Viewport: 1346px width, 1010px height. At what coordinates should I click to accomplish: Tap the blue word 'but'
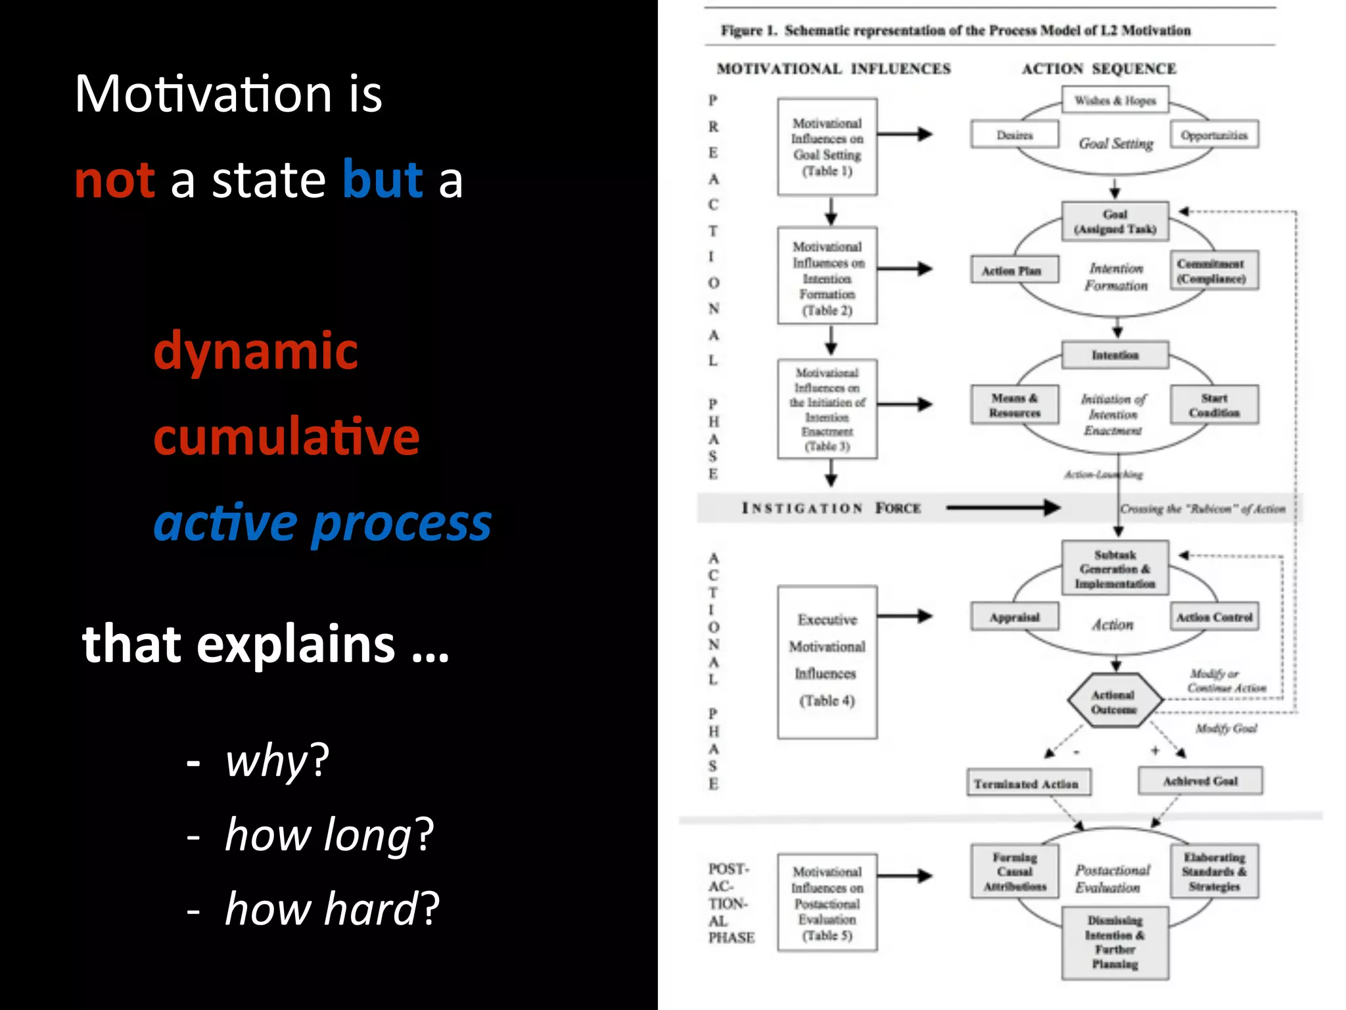tap(383, 180)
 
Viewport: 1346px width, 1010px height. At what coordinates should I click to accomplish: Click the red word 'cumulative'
tap(286, 437)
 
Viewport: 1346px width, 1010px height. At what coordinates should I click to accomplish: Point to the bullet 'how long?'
tap(329, 834)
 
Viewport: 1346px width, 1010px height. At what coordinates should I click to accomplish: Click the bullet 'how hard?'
tap(331, 909)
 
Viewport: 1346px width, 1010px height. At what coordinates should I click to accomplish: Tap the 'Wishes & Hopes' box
tap(1115, 101)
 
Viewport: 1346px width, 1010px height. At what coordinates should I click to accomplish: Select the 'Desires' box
tap(1014, 135)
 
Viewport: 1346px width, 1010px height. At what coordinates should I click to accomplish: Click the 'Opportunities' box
tap(1214, 135)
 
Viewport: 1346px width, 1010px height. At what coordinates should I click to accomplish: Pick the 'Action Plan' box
tap(1014, 270)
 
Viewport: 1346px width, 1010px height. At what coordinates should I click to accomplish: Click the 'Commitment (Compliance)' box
tap(1213, 270)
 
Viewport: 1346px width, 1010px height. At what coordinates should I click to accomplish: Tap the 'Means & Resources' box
tap(1015, 405)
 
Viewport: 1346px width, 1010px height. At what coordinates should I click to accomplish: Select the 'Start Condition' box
tap(1214, 405)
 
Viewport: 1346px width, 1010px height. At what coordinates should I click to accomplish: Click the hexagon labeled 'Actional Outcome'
tap(1114, 702)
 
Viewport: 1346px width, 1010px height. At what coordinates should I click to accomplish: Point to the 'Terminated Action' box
tap(1028, 783)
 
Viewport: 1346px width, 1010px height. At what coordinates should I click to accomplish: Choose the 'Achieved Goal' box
tap(1200, 781)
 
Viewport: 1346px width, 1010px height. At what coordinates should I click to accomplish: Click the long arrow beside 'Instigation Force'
tap(1002, 508)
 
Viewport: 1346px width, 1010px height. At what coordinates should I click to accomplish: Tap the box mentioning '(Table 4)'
tap(827, 662)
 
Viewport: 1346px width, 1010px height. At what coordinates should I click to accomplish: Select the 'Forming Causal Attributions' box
tap(1015, 872)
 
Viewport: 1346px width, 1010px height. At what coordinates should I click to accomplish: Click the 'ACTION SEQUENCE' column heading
tap(1099, 69)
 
